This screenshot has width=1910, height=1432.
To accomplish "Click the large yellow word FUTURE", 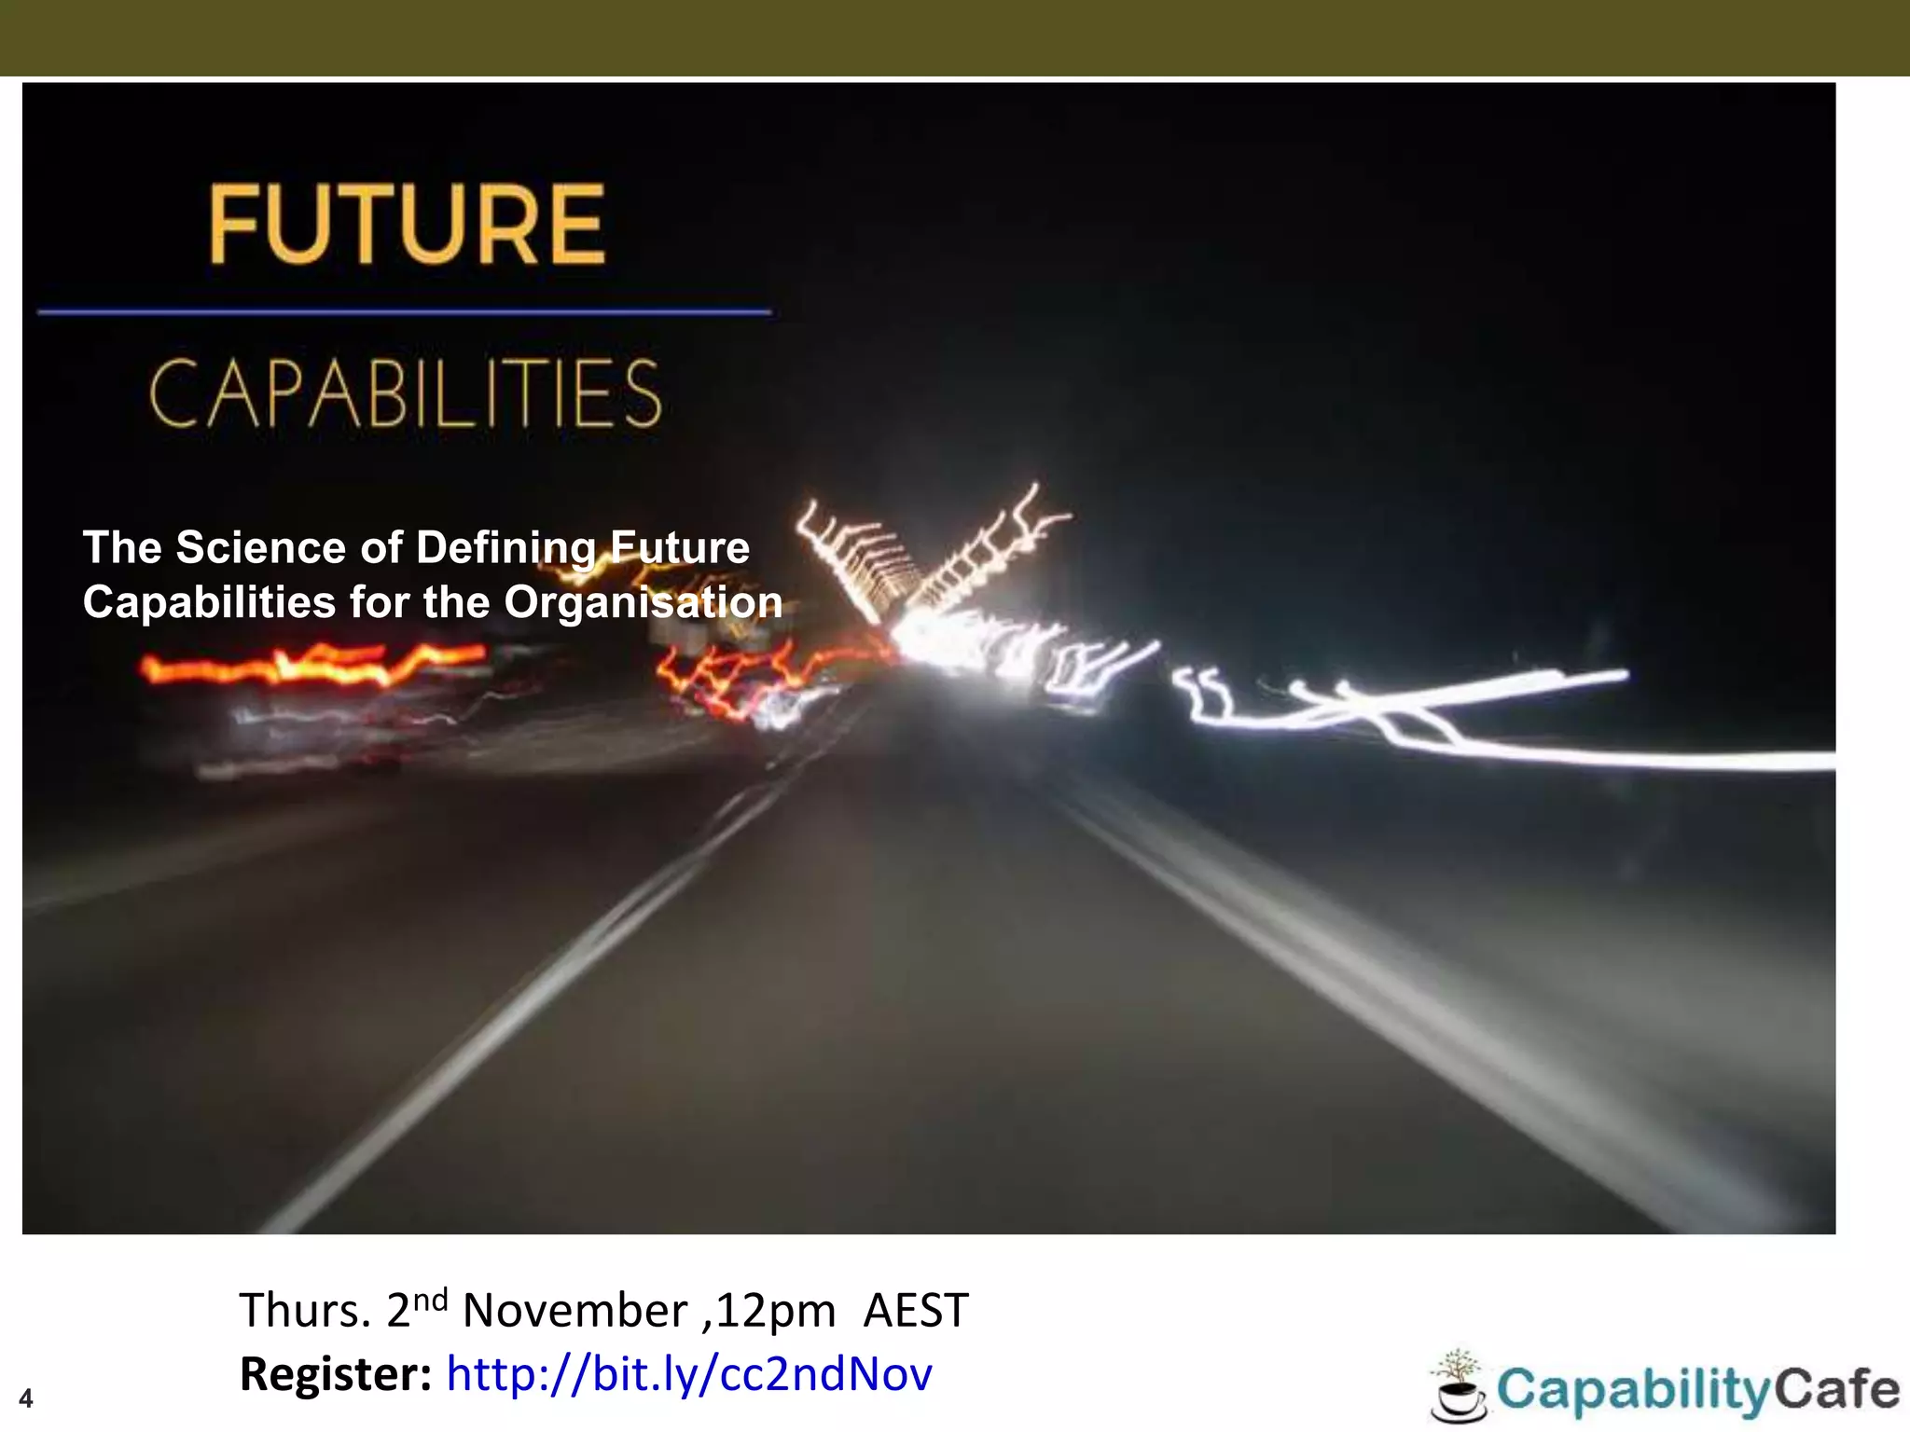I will [408, 225].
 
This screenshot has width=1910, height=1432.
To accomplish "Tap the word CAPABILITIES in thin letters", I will [406, 394].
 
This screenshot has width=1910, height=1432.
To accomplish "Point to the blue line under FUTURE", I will [404, 311].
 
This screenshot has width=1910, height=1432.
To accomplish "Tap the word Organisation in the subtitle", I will [644, 602].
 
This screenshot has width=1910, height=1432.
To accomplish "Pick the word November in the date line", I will [574, 1311].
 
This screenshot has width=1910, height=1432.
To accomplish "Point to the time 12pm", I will [776, 1311].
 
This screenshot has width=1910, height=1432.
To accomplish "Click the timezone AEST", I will [916, 1311].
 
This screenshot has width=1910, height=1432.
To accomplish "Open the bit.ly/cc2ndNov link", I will [689, 1374].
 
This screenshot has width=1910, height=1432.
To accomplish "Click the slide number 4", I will [26, 1398].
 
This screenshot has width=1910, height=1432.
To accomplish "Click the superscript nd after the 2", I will [430, 1300].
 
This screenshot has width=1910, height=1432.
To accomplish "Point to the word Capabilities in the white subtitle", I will [209, 602].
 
